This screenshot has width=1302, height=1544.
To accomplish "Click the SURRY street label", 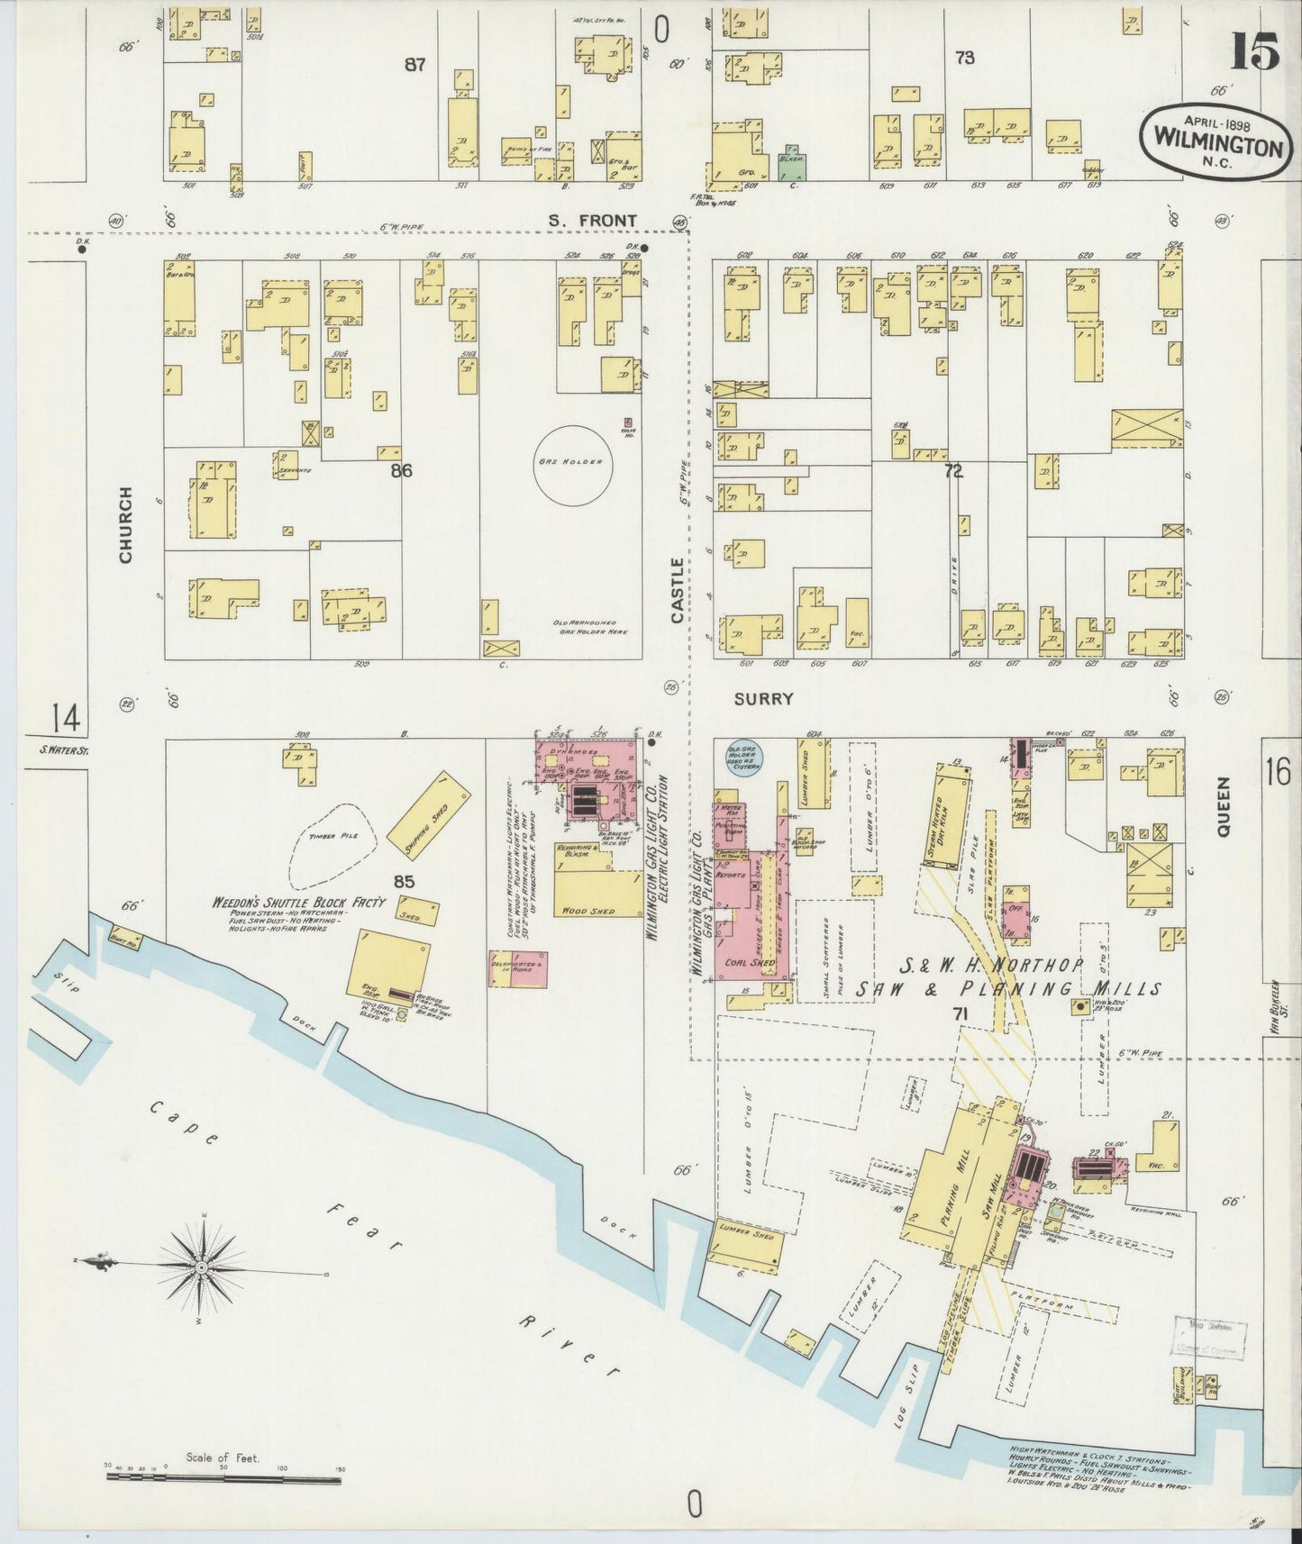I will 763,698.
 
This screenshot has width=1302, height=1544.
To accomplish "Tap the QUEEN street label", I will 1223,807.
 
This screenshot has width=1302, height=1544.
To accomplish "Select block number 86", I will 401,470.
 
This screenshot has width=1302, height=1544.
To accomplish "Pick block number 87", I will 414,64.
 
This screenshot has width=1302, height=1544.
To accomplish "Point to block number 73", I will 964,58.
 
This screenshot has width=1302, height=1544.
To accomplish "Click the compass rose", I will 204,1267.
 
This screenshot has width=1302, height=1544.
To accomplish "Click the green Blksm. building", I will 792,161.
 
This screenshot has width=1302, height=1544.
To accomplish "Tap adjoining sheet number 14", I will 64,719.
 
